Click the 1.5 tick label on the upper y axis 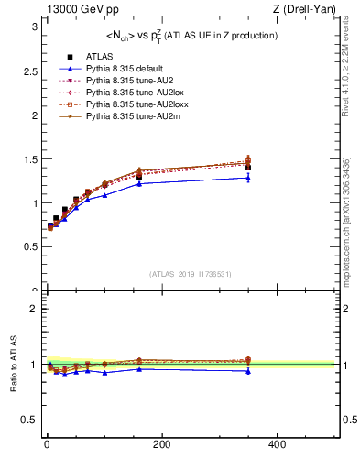click(29, 159)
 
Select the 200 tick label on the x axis click(161, 444)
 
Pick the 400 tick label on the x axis click(276, 444)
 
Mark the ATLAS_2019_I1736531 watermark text click(190, 274)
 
